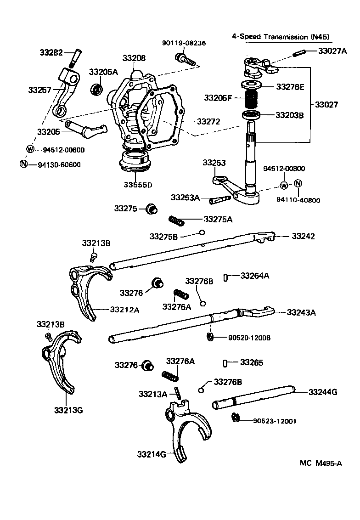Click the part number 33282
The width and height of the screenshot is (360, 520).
51,53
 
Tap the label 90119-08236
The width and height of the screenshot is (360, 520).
184,43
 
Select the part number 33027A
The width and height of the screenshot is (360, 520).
332,51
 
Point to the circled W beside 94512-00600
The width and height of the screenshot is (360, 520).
30,149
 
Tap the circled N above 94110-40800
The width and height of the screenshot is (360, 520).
297,184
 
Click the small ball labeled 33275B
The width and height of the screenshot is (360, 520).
201,232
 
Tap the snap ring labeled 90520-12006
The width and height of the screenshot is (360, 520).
210,338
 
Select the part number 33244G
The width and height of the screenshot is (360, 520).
323,392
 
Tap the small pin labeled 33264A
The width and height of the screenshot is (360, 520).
226,277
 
